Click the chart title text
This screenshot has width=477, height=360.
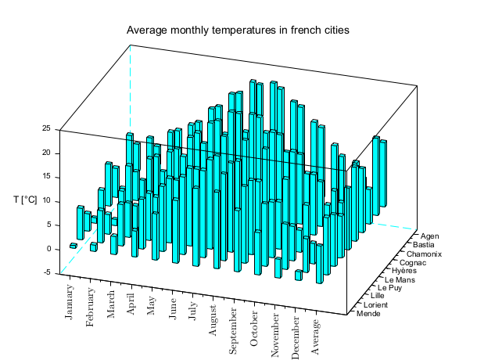(238, 31)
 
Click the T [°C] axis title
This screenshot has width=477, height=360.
(25, 200)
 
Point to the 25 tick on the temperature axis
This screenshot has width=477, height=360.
(46, 128)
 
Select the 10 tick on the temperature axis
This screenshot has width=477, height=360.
(46, 201)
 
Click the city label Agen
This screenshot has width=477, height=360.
(430, 235)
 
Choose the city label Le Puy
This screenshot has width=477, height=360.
(393, 287)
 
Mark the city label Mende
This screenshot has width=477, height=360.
(369, 314)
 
